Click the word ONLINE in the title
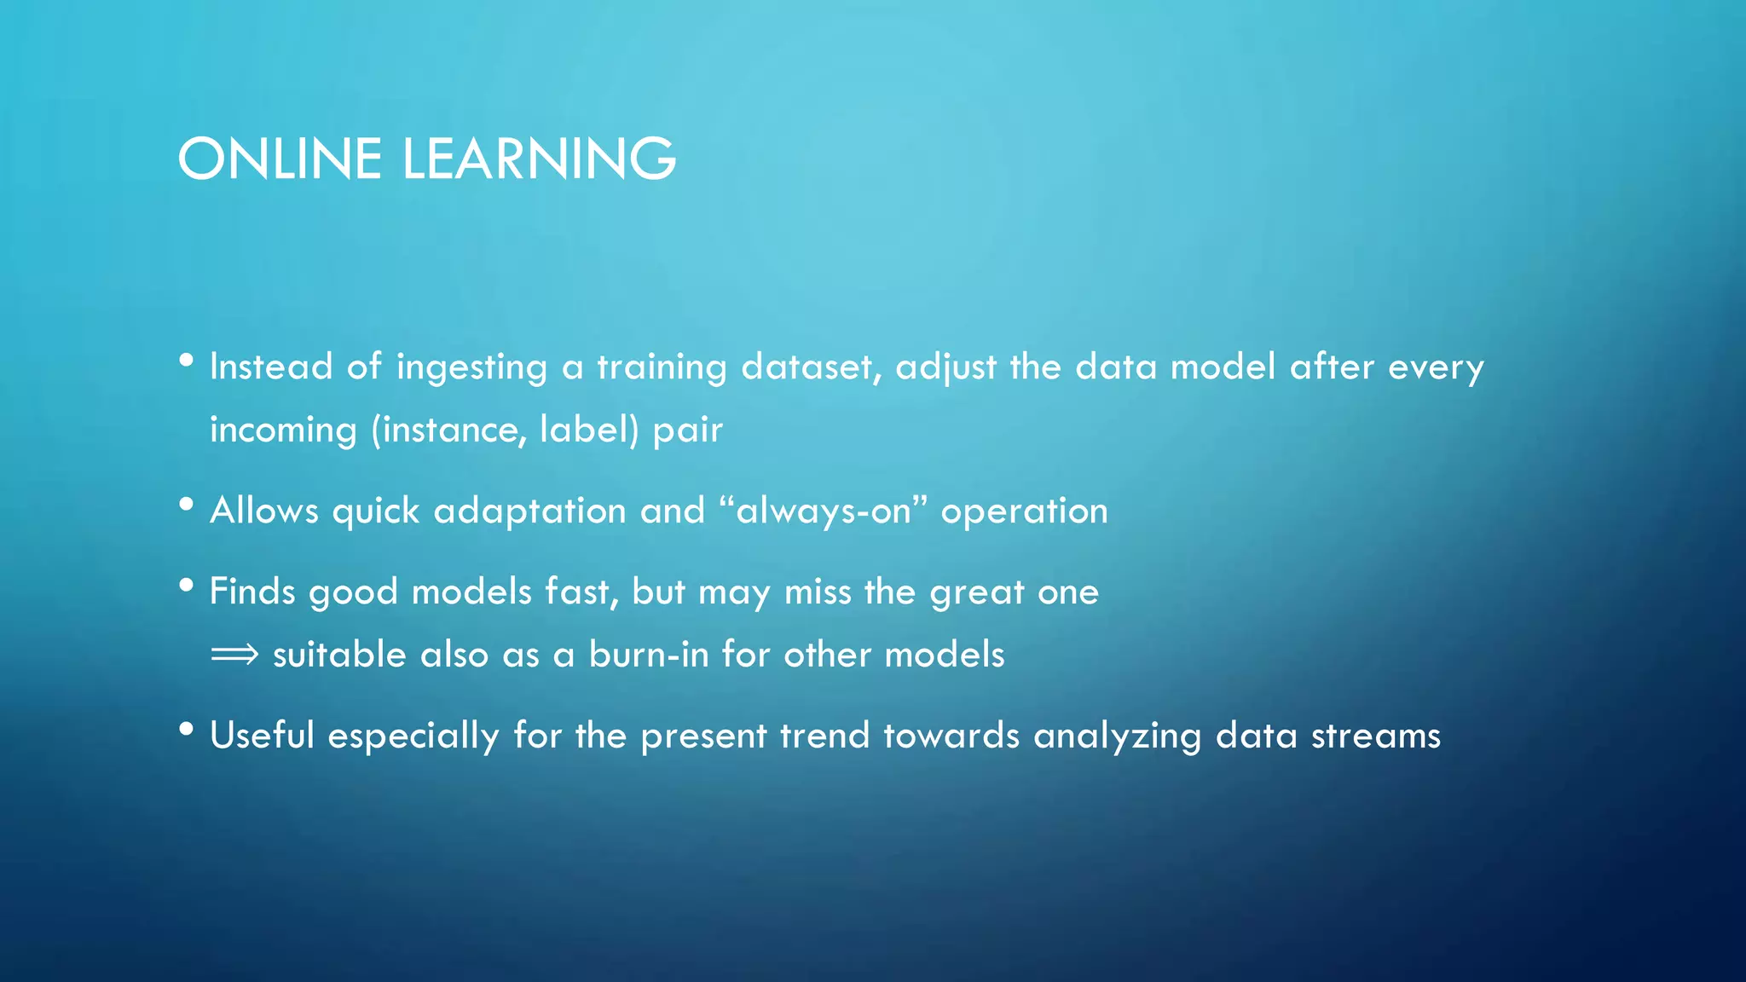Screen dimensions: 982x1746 [x=279, y=159]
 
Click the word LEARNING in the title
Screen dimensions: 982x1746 [x=539, y=159]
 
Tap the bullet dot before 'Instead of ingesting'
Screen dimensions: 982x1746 [x=187, y=361]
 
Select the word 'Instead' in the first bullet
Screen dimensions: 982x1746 [x=271, y=367]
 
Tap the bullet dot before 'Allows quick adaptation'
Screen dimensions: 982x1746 [x=187, y=505]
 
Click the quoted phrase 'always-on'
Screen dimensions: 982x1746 [x=824, y=511]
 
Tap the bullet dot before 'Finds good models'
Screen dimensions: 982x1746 [x=187, y=586]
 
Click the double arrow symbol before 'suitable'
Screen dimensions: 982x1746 [x=234, y=655]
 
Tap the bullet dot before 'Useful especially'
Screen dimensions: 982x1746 [x=187, y=730]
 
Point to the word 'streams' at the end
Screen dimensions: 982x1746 [x=1375, y=736]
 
